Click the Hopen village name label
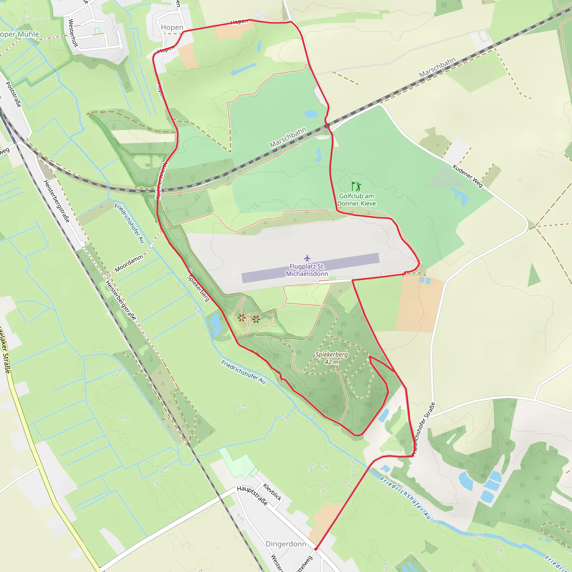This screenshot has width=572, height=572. click(x=172, y=28)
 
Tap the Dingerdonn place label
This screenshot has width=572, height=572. click(x=286, y=544)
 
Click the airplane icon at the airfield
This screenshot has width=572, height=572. click(x=307, y=258)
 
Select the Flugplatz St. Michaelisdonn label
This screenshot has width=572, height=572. click(x=307, y=270)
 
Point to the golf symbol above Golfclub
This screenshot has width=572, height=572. click(x=356, y=186)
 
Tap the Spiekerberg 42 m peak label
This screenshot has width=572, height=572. click(x=332, y=358)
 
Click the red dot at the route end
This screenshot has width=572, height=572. click(x=316, y=549)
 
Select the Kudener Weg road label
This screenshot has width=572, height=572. click(x=468, y=176)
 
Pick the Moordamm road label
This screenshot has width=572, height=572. click(x=129, y=263)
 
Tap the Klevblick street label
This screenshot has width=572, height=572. click(x=272, y=492)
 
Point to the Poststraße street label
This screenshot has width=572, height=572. click(x=14, y=94)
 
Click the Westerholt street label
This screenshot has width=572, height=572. click(x=73, y=33)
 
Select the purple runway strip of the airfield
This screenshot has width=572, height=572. click(x=310, y=268)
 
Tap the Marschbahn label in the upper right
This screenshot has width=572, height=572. click(x=437, y=68)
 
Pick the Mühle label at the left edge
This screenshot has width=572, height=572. click(x=20, y=34)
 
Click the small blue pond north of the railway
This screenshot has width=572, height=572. click(x=311, y=114)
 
